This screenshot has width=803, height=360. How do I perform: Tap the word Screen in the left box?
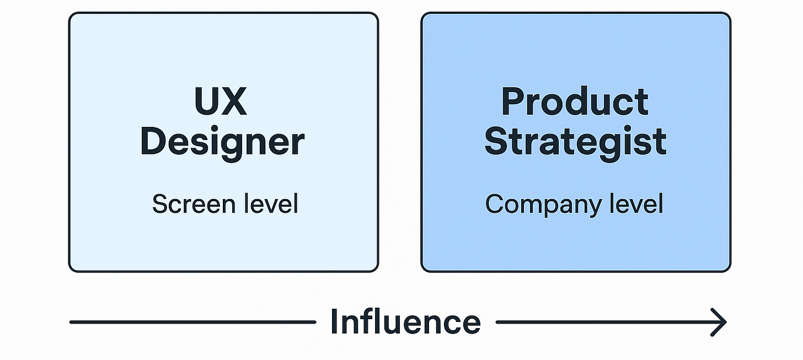[x=185, y=205]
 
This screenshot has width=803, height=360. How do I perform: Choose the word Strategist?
[x=575, y=142]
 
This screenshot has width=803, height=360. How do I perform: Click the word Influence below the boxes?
[x=405, y=321]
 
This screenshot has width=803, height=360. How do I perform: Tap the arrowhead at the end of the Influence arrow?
[x=719, y=322]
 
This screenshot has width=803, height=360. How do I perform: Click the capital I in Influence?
[x=334, y=321]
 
